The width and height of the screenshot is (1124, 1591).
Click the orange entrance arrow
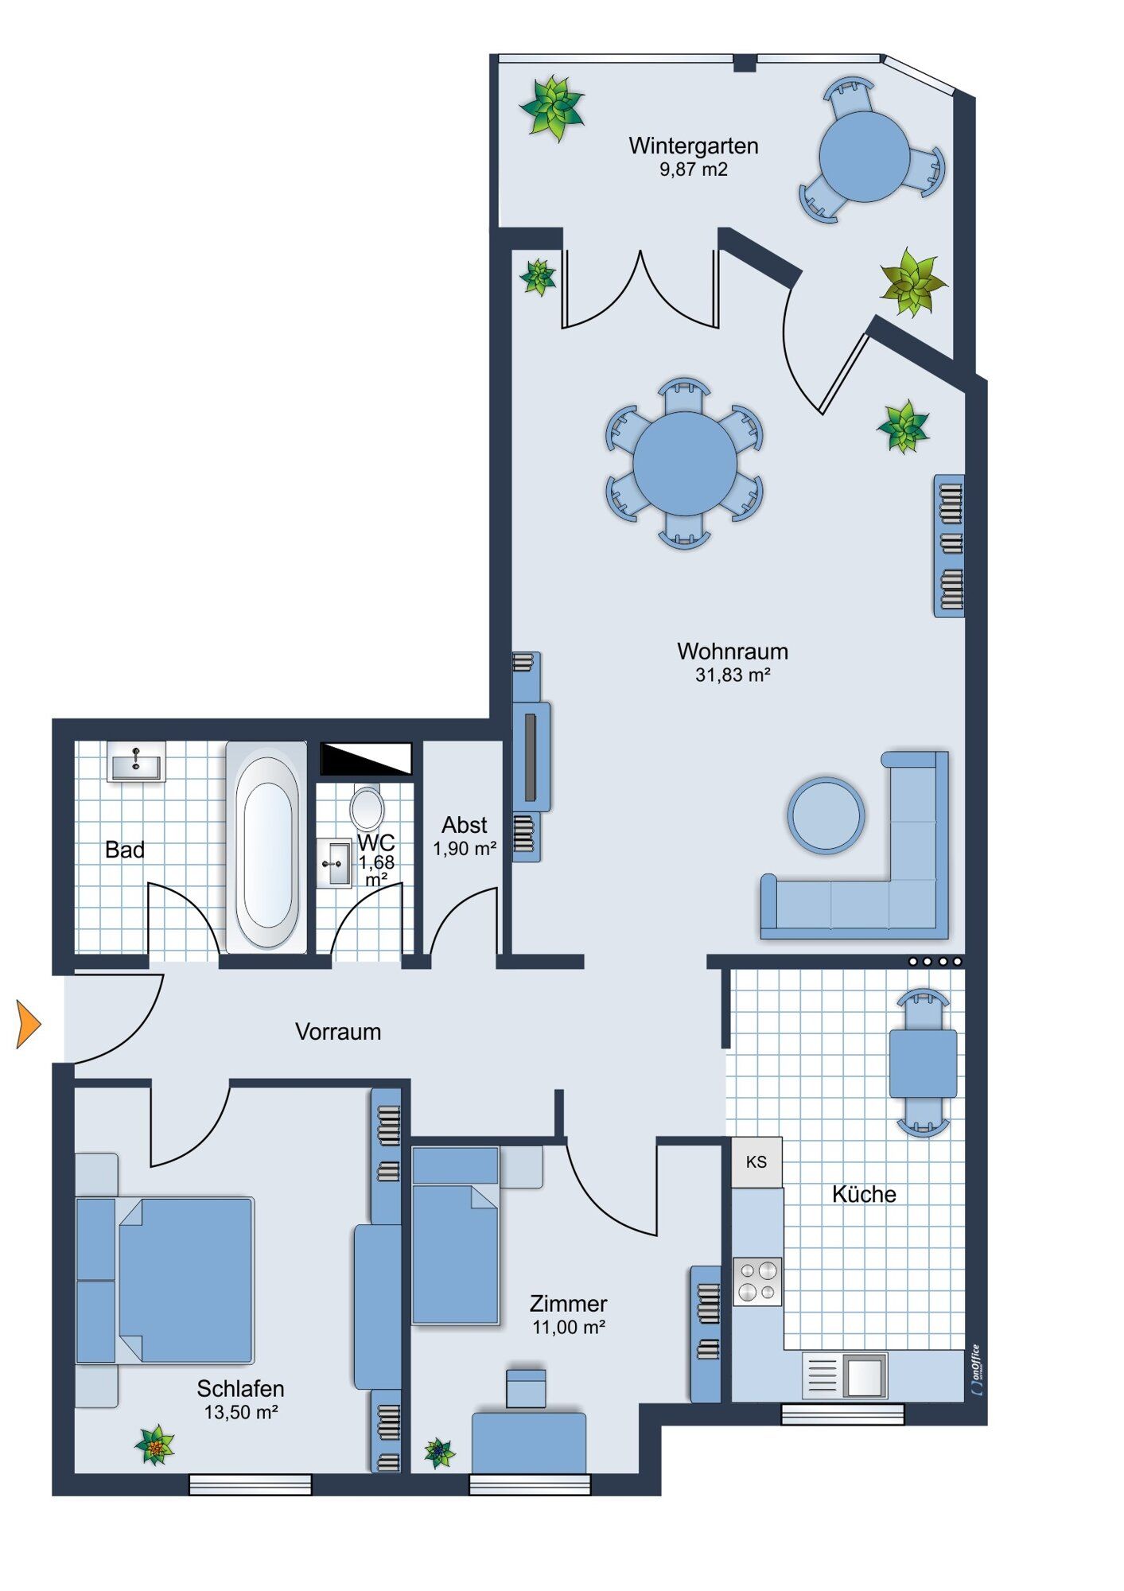(x=29, y=1025)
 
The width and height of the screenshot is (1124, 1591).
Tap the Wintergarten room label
(x=693, y=146)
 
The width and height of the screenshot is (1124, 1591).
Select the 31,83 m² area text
(x=733, y=675)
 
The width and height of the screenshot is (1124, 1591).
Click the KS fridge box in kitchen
(x=756, y=1162)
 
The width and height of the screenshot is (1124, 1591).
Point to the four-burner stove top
(x=757, y=1282)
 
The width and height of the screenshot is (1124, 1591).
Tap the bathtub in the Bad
(x=267, y=846)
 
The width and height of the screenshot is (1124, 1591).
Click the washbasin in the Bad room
(x=136, y=763)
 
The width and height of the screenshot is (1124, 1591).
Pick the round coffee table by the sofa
(x=826, y=815)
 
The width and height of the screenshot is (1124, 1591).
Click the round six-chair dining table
(x=685, y=464)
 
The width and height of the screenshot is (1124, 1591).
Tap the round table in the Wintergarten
(x=865, y=157)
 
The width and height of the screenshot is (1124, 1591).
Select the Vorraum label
(x=338, y=1032)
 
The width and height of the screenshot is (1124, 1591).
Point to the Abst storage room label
(x=465, y=826)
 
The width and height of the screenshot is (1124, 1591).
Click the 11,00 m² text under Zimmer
(x=569, y=1328)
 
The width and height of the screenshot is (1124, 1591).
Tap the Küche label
(x=864, y=1194)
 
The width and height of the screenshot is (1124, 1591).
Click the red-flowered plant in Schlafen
(x=154, y=1445)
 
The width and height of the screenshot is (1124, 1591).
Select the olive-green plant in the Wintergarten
(x=912, y=282)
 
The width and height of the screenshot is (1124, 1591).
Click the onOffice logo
(x=977, y=1369)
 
